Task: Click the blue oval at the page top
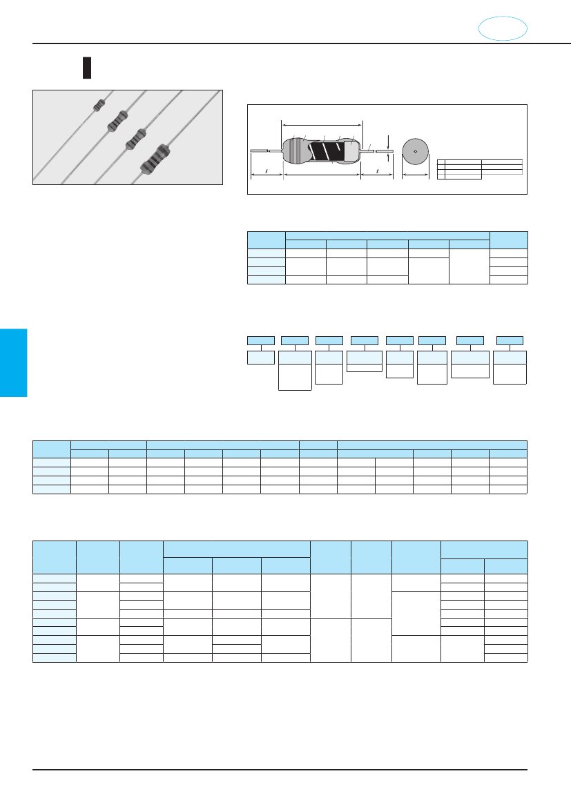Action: click(503, 28)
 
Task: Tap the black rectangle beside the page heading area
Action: click(87, 68)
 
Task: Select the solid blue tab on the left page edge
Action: click(13, 362)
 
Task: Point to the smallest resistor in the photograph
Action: click(99, 105)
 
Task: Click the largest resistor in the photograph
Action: click(155, 159)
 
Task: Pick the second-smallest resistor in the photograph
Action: click(116, 121)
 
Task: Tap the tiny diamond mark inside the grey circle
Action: click(415, 151)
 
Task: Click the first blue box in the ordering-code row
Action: click(261, 340)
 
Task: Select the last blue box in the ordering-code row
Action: click(510, 340)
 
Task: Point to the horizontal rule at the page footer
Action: click(280, 769)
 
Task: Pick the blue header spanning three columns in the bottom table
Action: click(236, 549)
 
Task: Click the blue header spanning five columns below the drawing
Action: click(387, 235)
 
